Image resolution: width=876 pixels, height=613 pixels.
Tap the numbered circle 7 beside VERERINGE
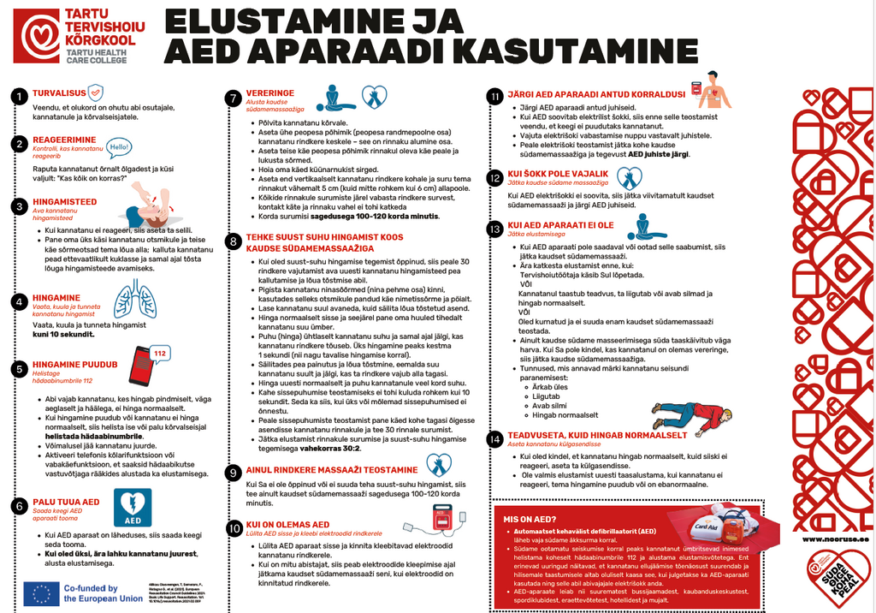click(232, 98)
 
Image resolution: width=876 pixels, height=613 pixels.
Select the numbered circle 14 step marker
click(494, 438)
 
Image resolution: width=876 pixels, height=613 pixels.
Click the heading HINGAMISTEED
click(64, 203)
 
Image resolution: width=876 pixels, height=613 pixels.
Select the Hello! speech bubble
click(119, 146)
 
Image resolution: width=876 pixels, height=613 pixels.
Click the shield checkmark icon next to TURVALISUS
click(97, 92)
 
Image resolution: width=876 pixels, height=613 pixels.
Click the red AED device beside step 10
click(444, 521)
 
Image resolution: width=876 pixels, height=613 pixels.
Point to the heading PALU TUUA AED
click(66, 502)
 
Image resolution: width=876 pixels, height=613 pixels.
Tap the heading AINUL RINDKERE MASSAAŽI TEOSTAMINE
click(320, 470)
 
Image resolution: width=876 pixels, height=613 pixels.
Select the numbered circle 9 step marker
click(232, 472)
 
